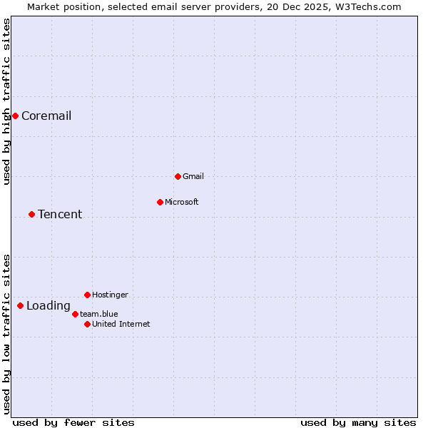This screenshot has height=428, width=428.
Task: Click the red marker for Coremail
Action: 15,116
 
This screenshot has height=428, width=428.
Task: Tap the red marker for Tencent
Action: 31,214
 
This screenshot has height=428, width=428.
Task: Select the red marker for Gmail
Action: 178,176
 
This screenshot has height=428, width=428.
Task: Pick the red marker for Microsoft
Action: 160,202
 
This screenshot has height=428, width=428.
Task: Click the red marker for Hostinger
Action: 87,295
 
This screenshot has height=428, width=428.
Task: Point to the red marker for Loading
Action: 20,305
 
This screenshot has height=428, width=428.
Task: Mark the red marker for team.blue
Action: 75,314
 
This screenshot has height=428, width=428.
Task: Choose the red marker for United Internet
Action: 87,324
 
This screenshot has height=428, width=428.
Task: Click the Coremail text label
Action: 46,116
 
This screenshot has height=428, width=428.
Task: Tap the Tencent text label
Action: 60,215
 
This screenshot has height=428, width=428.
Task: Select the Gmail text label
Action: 193,176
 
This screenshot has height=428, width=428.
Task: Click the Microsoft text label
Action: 182,202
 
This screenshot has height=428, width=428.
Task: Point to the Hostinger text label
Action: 111,295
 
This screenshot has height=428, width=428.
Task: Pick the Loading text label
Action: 49,306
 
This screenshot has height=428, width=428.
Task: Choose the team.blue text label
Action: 99,314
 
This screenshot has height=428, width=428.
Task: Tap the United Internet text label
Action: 121,324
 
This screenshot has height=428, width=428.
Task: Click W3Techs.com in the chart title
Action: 368,6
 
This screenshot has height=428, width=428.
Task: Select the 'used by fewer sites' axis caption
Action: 73,422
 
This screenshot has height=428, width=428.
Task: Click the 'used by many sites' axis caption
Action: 358,422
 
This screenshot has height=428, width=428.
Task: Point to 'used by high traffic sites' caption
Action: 6,102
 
